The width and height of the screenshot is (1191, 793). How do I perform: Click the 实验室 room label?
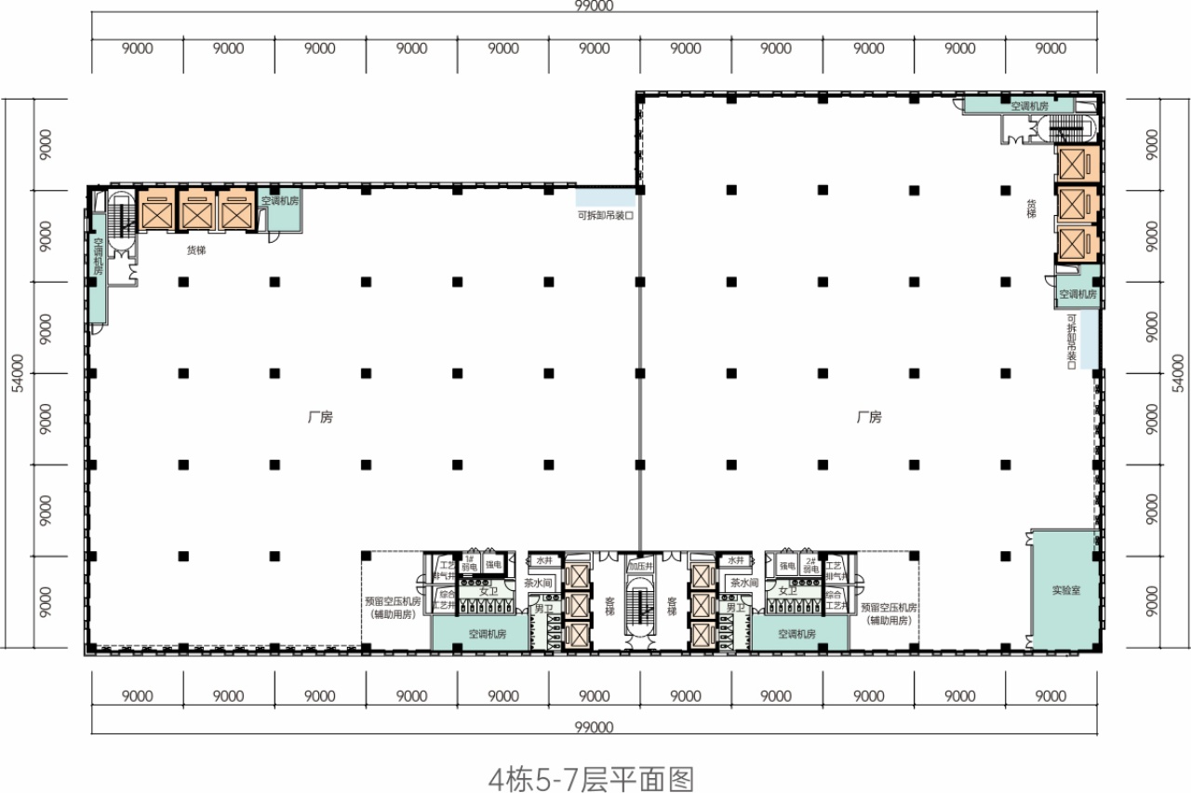pyautogui.click(x=1066, y=590)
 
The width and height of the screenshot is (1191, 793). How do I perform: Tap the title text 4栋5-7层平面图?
pyautogui.click(x=591, y=775)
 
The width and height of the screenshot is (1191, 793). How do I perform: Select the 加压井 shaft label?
pyautogui.click(x=640, y=565)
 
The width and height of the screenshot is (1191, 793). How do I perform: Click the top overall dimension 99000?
pyautogui.click(x=595, y=6)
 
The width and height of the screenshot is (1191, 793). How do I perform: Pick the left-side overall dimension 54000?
pyautogui.click(x=16, y=372)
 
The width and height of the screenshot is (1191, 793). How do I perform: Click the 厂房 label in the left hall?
pyautogui.click(x=319, y=418)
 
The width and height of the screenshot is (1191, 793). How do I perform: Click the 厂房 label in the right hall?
pyautogui.click(x=868, y=418)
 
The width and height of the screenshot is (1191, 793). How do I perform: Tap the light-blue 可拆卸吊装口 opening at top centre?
pyautogui.click(x=605, y=196)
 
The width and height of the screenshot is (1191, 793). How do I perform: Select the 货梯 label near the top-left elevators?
pyautogui.click(x=195, y=249)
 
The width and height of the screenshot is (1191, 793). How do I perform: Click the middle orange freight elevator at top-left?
pyautogui.click(x=196, y=210)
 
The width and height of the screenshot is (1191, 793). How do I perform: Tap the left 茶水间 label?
pyautogui.click(x=540, y=583)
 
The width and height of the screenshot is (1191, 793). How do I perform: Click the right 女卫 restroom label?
pyautogui.click(x=789, y=591)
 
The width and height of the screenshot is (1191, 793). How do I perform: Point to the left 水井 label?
pyautogui.click(x=543, y=561)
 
